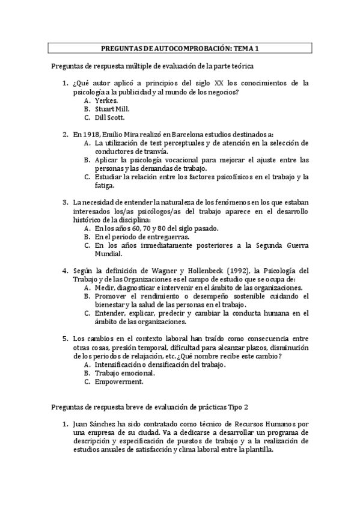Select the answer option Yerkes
106,100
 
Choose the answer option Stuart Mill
112,109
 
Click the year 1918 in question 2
91,135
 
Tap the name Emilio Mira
124,135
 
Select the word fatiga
105,186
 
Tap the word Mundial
109,254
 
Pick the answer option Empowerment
119,381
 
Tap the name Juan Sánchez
96,423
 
